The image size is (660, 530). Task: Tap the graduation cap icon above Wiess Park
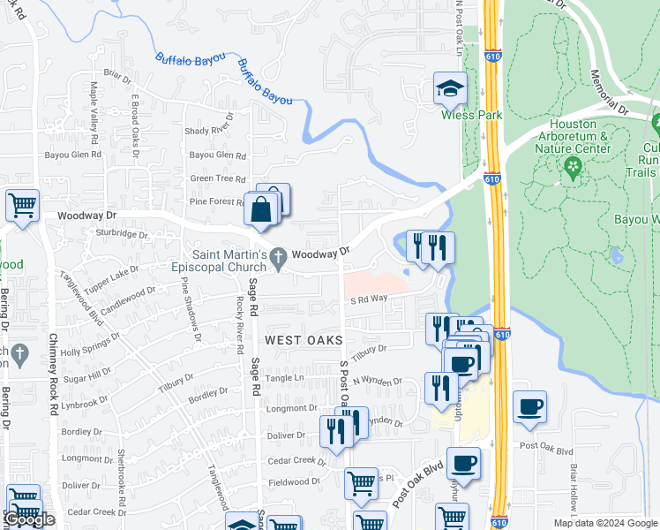(449, 88)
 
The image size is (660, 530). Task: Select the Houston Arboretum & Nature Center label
(579, 136)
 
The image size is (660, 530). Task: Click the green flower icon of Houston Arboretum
(574, 166)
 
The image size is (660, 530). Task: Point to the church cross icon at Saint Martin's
(279, 258)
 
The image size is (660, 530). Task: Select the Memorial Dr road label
(608, 93)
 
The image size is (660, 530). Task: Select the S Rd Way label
(368, 299)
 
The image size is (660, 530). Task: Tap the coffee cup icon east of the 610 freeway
(529, 407)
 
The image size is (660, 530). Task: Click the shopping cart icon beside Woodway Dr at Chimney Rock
(22, 206)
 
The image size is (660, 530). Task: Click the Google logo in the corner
(28, 519)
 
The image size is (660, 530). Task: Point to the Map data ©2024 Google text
(604, 523)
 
